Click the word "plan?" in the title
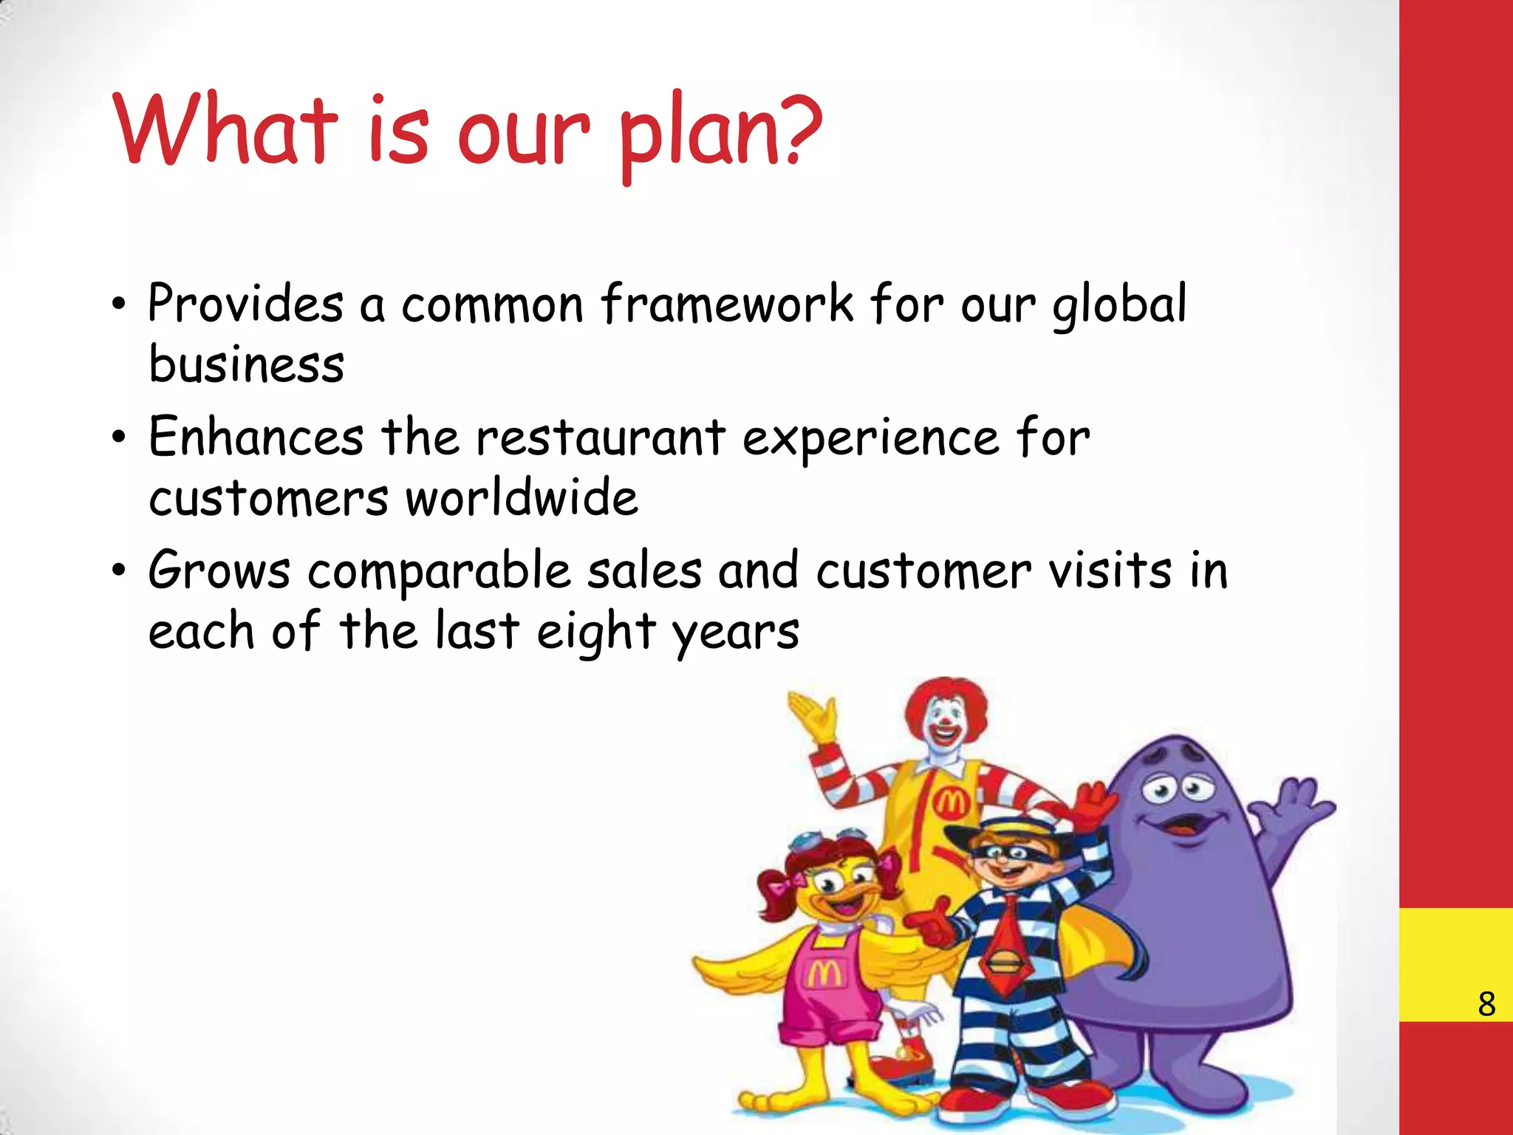(720, 133)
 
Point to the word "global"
(1118, 305)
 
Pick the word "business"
(247, 364)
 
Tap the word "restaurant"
(600, 437)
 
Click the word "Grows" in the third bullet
(219, 570)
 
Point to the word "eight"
(595, 633)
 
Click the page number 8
(1486, 1004)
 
